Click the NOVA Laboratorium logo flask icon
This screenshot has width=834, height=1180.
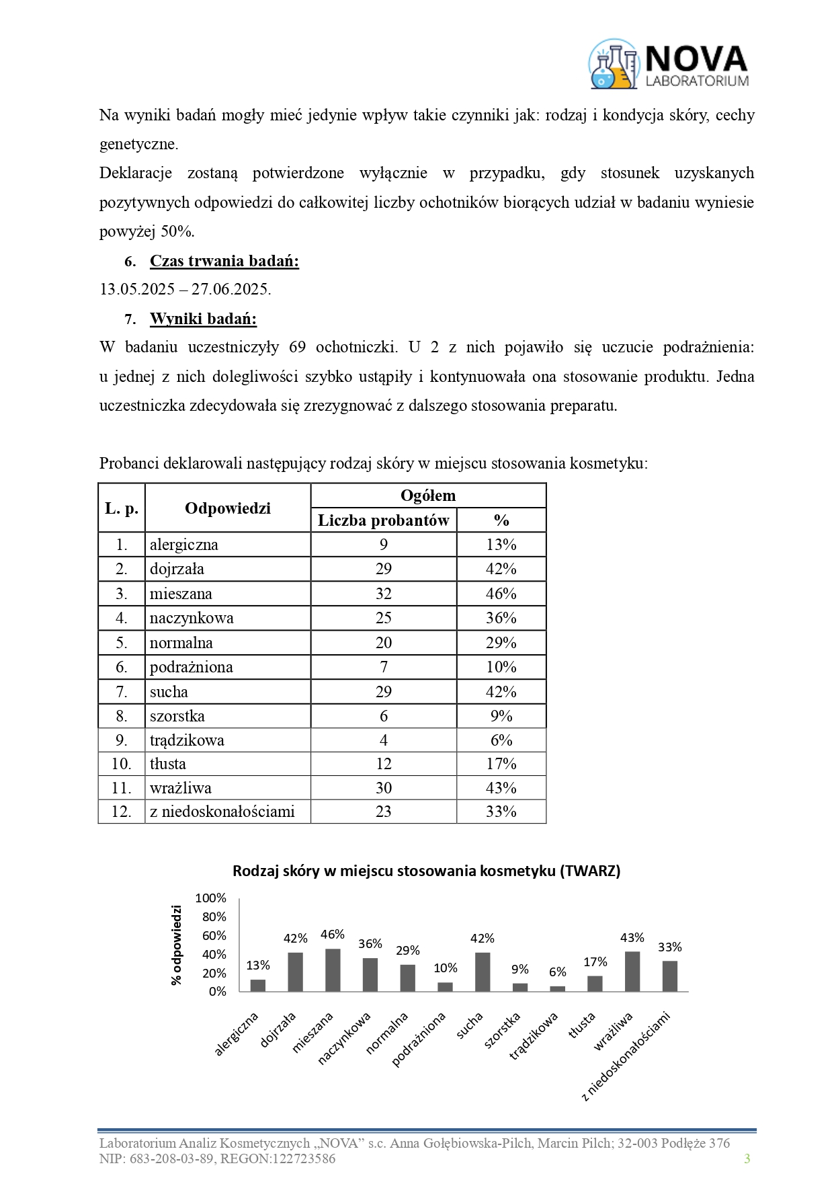click(613, 65)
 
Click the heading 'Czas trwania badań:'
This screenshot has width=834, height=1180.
click(224, 261)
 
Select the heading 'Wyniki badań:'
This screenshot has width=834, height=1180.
click(203, 319)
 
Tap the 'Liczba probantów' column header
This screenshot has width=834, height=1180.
click(383, 520)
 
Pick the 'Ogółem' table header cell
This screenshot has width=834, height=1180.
click(428, 496)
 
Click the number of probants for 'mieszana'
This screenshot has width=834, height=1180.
click(383, 594)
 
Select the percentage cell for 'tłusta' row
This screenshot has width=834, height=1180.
click(501, 764)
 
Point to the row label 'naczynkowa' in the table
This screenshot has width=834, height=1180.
click(192, 618)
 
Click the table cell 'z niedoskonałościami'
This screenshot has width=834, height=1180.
click(222, 812)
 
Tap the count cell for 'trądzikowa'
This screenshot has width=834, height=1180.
click(383, 740)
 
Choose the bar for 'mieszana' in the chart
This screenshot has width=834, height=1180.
click(333, 970)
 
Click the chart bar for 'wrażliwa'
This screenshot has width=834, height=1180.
click(632, 971)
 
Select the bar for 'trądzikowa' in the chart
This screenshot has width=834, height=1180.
click(557, 988)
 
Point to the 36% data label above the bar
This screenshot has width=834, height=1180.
click(370, 944)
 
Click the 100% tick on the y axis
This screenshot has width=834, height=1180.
click(210, 898)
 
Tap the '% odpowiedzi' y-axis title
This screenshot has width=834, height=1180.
click(177, 945)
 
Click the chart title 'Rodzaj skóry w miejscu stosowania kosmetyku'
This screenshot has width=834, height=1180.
click(426, 871)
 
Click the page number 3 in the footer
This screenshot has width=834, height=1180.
click(747, 1158)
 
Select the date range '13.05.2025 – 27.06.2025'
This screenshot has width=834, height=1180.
click(185, 290)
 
